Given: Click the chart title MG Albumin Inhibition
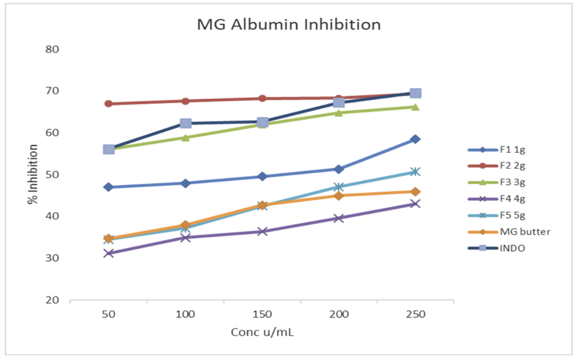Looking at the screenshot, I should click(x=288, y=24).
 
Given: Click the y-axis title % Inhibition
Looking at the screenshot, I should click(x=33, y=174).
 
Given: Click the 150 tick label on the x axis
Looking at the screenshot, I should click(x=262, y=314).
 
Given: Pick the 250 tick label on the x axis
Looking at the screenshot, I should click(x=415, y=314).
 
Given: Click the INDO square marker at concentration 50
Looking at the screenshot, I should click(x=109, y=149).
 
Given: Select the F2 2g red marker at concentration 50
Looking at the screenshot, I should click(x=109, y=103).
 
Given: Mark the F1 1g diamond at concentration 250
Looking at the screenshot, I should click(x=415, y=139).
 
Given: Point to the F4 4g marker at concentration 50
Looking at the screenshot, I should click(x=109, y=253).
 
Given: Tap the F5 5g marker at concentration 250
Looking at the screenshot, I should click(x=415, y=172).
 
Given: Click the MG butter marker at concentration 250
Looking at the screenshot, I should click(x=415, y=191).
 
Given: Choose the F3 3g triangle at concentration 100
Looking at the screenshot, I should click(x=186, y=138).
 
